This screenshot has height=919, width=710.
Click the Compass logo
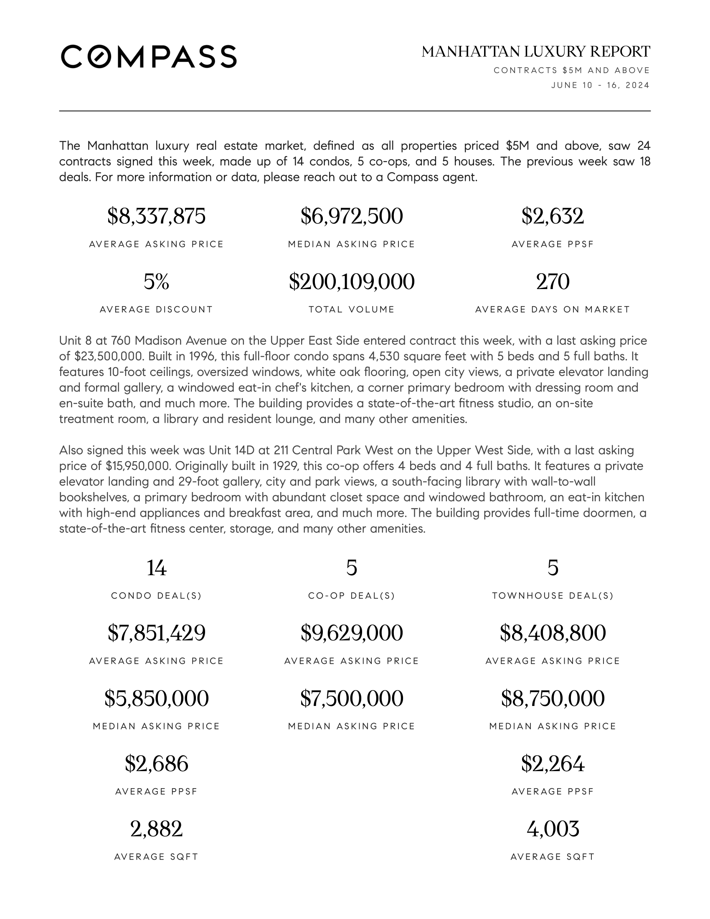point(149,56)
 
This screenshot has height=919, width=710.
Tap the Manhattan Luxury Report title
point(536,52)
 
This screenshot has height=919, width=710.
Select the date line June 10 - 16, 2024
point(600,85)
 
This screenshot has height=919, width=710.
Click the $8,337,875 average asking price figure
point(157,216)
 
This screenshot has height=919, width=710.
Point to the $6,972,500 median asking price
point(352,216)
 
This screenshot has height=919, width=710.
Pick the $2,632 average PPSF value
point(553,216)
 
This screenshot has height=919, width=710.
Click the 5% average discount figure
point(157,282)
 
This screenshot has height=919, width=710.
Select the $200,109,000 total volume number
point(352,282)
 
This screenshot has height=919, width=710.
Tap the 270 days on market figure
point(553,282)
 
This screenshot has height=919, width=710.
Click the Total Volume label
point(352,310)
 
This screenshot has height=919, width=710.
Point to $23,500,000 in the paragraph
point(109,356)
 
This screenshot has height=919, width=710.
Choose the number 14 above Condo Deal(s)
point(157,568)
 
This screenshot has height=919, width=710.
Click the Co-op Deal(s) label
point(352,596)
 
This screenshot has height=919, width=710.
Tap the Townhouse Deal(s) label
point(553,596)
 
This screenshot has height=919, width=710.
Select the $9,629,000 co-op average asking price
point(352,633)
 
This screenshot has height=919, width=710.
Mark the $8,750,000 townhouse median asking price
point(553,698)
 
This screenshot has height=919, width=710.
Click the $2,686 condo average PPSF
point(157,764)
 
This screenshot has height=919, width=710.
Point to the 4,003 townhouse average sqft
point(553,829)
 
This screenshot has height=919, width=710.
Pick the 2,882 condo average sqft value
point(157,829)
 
